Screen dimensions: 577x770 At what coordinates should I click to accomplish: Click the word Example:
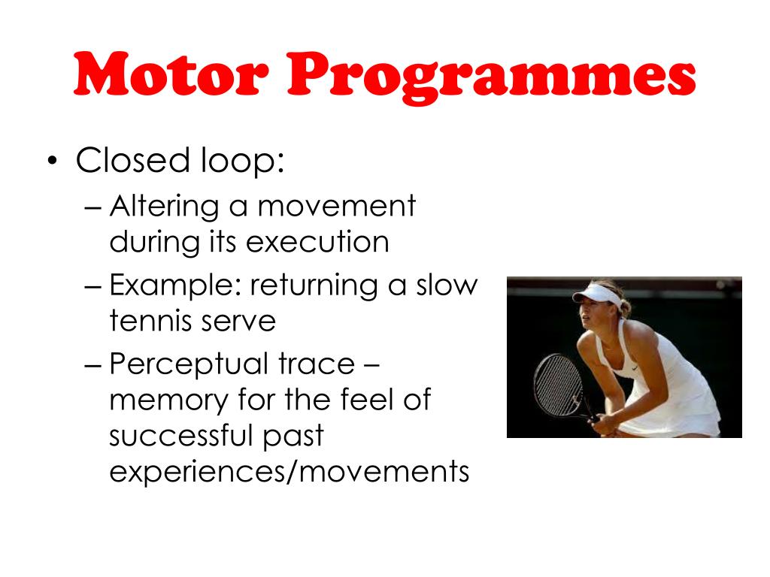coord(174,287)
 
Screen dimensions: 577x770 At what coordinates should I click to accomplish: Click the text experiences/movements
coord(289,473)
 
